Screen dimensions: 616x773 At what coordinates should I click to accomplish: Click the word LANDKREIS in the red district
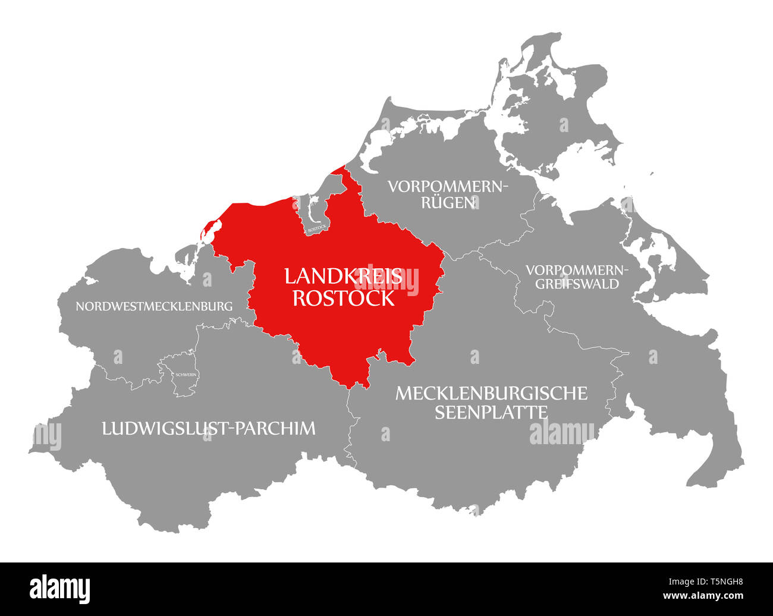tap(343, 276)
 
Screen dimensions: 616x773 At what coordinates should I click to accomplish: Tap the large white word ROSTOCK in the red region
tap(343, 297)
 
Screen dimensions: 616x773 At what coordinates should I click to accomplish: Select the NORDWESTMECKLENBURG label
tap(154, 306)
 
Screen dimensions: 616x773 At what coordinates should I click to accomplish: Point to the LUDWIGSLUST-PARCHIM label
tap(209, 428)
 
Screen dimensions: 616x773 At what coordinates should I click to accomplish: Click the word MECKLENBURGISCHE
tap(491, 393)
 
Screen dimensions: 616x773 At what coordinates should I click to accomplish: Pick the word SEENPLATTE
tap(491, 411)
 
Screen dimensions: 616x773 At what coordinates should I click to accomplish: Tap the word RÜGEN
tap(448, 202)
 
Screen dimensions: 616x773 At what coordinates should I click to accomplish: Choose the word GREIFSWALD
tap(577, 284)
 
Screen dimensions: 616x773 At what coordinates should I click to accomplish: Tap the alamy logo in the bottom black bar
tap(60, 589)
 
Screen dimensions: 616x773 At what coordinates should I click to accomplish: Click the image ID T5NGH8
tap(718, 583)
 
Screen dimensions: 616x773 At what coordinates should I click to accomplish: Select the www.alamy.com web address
tap(705, 595)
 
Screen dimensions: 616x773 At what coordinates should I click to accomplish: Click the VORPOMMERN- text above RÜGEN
tap(448, 186)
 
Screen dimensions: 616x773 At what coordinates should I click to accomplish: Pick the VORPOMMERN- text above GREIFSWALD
tap(577, 269)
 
